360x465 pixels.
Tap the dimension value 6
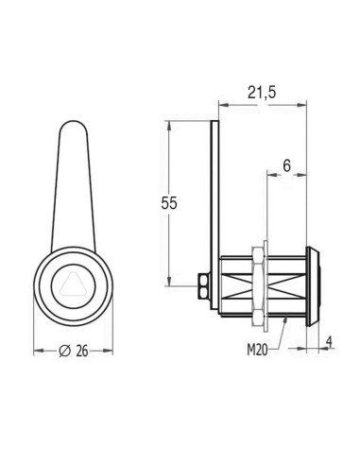coord(287,164)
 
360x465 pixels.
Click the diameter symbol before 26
coord(63,351)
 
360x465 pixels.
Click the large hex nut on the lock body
coord(260,283)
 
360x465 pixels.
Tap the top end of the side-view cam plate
coord(215,123)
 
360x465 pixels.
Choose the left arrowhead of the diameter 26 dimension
coord(38,351)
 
